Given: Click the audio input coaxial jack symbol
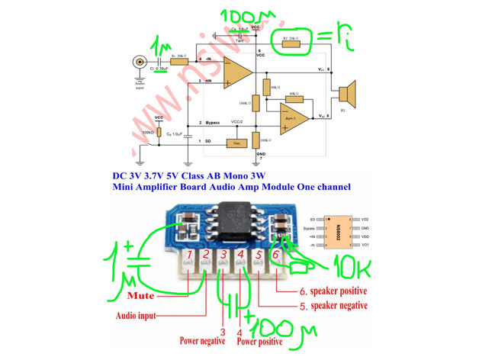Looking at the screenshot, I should point(139,63).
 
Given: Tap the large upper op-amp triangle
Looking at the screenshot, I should point(237,73).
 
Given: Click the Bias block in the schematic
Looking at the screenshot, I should point(236,143).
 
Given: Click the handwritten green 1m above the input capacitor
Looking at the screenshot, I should point(161,47).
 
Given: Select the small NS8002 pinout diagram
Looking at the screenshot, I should point(333,230).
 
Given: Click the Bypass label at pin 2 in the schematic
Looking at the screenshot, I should point(213,123).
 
